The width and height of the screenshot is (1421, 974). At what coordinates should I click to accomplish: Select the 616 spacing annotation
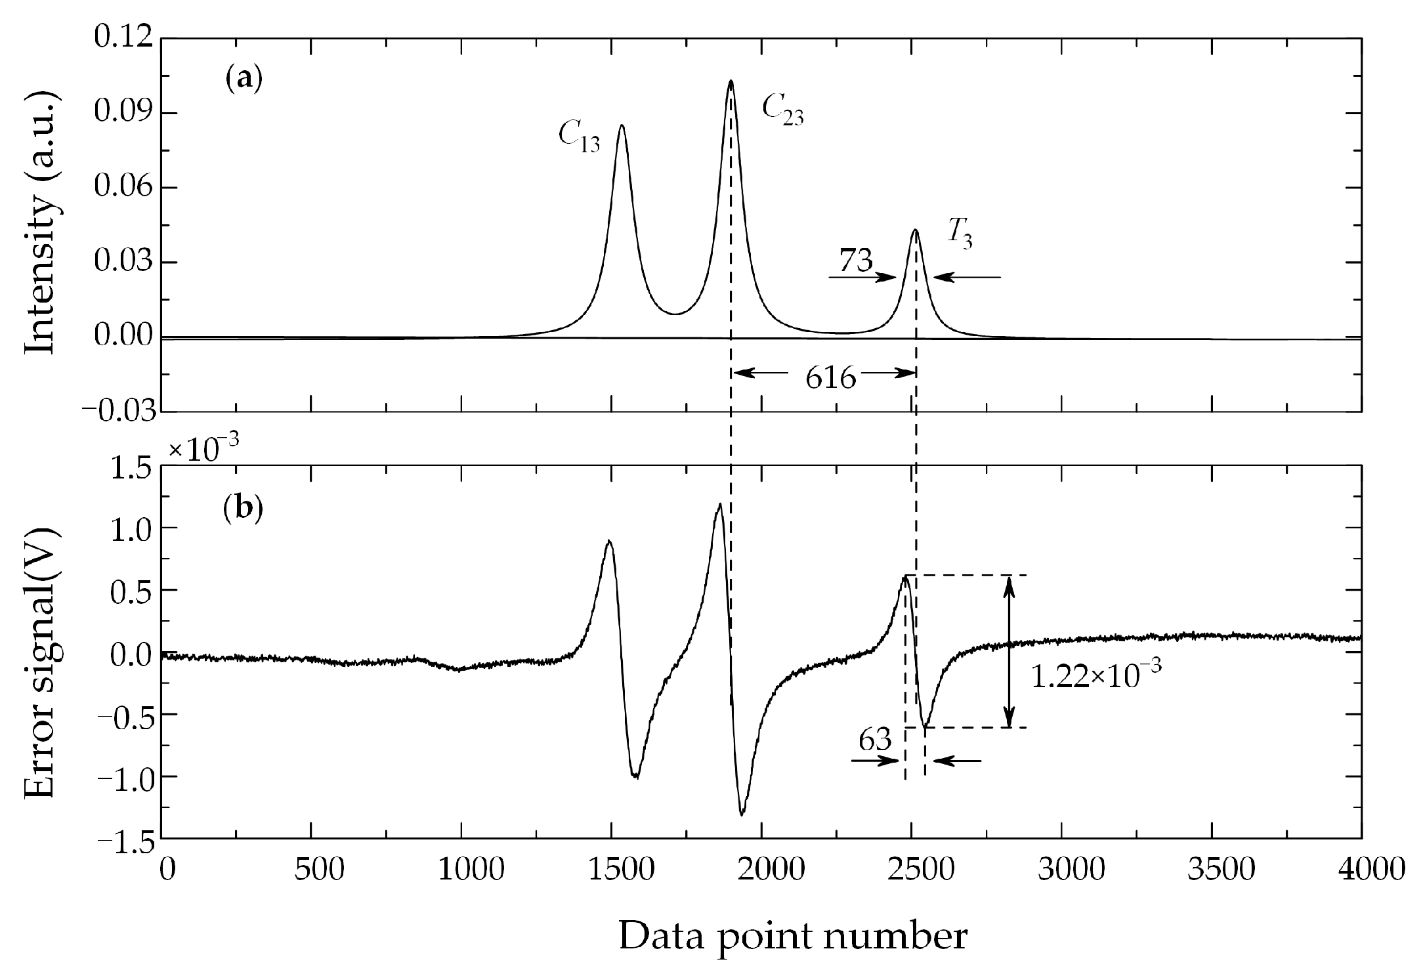coord(831,379)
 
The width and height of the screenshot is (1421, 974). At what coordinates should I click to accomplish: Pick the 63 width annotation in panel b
coord(875,740)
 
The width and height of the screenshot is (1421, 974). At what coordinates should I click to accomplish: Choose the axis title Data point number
coord(793,937)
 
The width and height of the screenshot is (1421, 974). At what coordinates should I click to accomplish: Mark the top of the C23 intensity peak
coord(731,81)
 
